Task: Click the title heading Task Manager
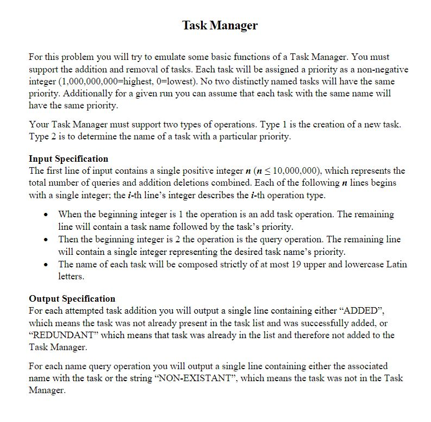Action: [220, 25]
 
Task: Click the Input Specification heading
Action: [68, 158]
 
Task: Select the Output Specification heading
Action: [72, 298]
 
